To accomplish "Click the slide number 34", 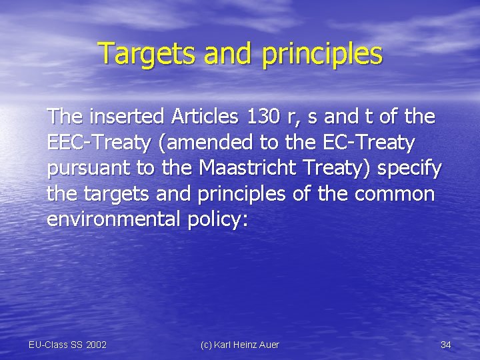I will tap(446, 345).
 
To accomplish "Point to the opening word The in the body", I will tap(65, 117).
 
